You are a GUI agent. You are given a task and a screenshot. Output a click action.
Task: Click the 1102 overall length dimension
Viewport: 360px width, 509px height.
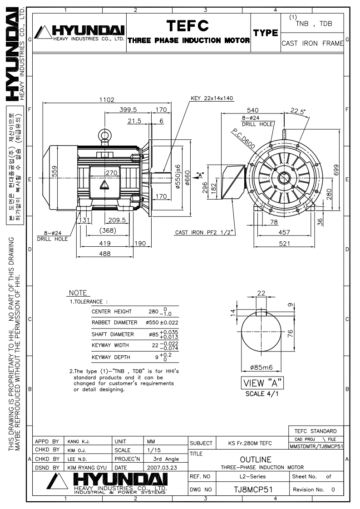point(108,100)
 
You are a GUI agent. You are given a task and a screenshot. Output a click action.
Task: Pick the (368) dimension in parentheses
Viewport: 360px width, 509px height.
point(108,231)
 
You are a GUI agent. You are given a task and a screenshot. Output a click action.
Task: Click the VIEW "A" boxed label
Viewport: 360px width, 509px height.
point(262,383)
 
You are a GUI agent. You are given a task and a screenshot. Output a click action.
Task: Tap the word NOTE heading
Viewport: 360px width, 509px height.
point(78,293)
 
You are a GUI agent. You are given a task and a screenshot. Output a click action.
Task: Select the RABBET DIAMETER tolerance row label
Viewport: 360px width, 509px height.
point(114,323)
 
